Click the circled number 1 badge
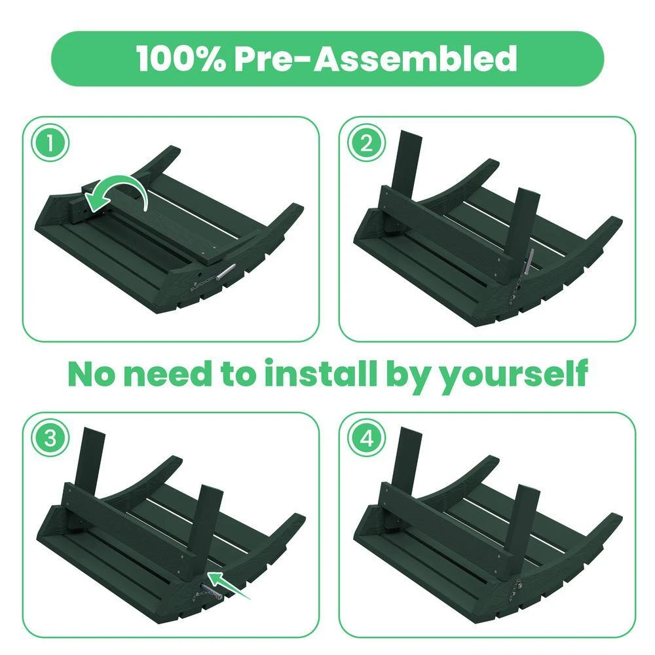[50, 143]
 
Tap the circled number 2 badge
[367, 143]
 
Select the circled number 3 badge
[50, 439]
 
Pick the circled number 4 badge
[367, 439]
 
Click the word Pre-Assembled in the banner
[375, 58]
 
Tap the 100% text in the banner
[181, 58]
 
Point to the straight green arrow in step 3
[229, 586]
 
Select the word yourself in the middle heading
[515, 375]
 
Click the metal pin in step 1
[227, 271]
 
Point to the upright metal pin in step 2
[529, 262]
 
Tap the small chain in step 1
[204, 283]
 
